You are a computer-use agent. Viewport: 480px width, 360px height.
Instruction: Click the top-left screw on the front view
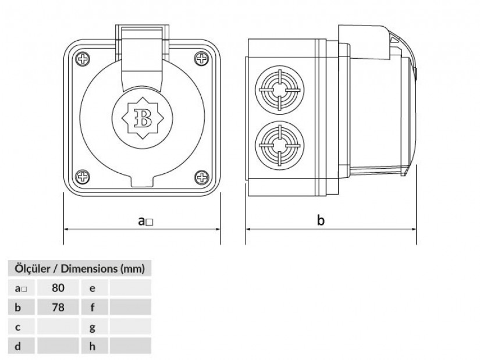point(81,58)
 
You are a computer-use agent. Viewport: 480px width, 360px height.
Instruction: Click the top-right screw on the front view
point(202,58)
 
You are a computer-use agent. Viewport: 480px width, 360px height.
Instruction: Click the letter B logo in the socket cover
point(141,117)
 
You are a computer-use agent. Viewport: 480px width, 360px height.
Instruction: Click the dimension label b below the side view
point(321,220)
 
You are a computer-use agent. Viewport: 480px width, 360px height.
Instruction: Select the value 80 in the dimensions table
point(58,287)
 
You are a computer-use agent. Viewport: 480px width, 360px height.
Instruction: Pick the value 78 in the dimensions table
point(58,307)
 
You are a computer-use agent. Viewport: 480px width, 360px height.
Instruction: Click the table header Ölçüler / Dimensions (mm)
point(79,269)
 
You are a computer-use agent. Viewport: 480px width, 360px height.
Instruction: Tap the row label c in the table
point(18,327)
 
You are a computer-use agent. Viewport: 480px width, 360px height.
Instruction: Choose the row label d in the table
point(18,346)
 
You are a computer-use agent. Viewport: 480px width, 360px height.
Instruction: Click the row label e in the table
point(93,287)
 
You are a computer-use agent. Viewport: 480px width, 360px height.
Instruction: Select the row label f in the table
point(93,307)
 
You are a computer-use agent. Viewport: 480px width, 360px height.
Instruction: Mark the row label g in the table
point(93,327)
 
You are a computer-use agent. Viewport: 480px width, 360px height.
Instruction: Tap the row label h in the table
point(93,346)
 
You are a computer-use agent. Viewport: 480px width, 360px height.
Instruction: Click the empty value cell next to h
point(130,346)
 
